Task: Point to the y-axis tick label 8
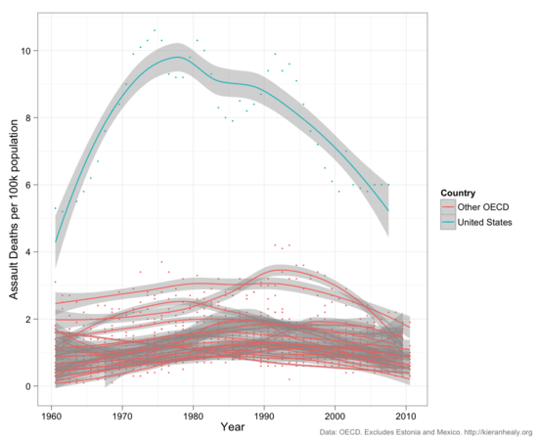30,118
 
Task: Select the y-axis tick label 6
30,185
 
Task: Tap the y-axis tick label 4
30,252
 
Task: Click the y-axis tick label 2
30,319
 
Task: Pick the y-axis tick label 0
30,386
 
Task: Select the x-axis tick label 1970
122,415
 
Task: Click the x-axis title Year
232,427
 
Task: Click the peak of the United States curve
175,57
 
